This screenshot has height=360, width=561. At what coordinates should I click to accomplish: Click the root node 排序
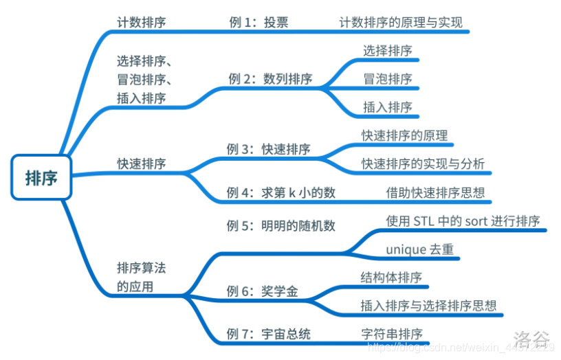click(41, 178)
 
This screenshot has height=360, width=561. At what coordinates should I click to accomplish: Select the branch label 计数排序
click(141, 22)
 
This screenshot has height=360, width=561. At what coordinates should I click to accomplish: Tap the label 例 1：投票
click(258, 22)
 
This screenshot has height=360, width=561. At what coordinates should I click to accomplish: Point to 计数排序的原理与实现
click(401, 22)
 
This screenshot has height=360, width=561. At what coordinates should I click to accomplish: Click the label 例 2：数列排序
click(269, 78)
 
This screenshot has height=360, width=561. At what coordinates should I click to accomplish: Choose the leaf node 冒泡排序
click(388, 78)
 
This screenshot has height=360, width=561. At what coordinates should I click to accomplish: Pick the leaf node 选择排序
click(388, 50)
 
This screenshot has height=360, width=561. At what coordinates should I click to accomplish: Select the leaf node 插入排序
click(388, 106)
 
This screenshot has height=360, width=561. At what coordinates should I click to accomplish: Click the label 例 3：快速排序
click(268, 149)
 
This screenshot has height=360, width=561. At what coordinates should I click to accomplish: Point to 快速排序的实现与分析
click(423, 164)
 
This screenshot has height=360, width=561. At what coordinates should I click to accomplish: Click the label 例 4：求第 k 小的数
click(280, 192)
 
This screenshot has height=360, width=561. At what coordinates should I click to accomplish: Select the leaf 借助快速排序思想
click(435, 192)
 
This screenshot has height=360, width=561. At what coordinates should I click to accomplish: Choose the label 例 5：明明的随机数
click(280, 225)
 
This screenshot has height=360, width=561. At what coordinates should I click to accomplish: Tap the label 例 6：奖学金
click(262, 291)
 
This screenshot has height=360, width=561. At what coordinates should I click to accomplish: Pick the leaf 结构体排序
click(391, 278)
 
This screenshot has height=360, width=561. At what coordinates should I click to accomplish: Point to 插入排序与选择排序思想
click(428, 306)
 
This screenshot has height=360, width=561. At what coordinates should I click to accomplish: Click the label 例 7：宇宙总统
click(268, 334)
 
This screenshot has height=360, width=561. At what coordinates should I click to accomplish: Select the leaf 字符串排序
click(391, 334)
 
